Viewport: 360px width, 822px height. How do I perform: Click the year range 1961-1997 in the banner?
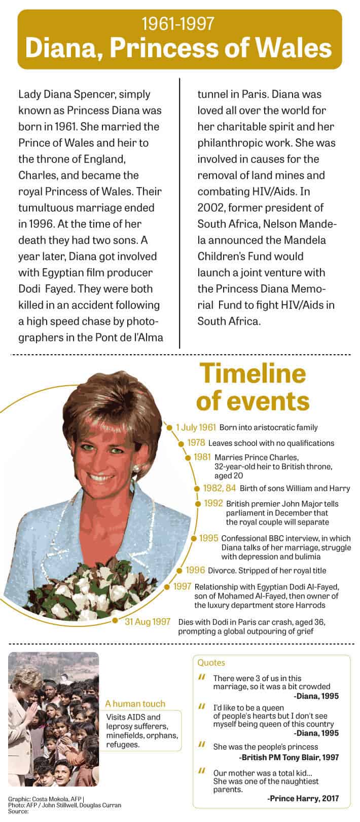(178, 23)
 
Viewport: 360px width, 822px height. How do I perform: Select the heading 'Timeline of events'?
(253, 387)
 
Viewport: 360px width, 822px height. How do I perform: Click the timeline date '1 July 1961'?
(196, 428)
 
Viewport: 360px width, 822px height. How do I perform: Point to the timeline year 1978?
(196, 443)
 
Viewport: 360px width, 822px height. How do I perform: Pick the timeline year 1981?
(202, 457)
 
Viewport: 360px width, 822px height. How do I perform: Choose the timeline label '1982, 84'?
(220, 489)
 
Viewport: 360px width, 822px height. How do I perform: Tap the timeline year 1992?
(213, 504)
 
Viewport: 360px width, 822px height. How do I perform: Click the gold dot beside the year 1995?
(193, 539)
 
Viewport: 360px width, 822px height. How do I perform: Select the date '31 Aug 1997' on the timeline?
(148, 622)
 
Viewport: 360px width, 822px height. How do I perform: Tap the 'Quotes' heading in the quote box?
(211, 662)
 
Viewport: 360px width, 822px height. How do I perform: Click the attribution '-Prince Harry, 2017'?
(302, 798)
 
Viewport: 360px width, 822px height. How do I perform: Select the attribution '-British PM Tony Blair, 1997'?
(289, 757)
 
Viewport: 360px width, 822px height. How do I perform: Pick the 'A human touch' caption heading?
(135, 703)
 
